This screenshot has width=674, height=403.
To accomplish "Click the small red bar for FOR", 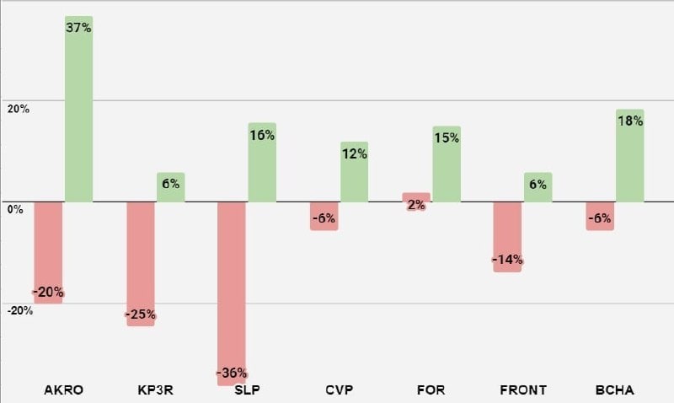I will pyautogui.click(x=415, y=200).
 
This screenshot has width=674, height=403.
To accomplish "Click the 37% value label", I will pyautogui.click(x=78, y=28).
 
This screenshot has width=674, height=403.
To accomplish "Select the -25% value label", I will pyautogui.click(x=141, y=315).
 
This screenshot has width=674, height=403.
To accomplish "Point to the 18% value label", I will pyautogui.click(x=629, y=121).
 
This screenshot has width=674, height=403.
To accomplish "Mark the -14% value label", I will pyautogui.click(x=508, y=260).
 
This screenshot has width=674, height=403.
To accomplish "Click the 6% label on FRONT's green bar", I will pyautogui.click(x=538, y=184).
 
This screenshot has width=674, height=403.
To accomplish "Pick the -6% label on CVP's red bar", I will pyautogui.click(x=324, y=218).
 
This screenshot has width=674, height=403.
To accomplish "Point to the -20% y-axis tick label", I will pyautogui.click(x=19, y=310).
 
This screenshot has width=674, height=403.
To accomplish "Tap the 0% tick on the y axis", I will pyautogui.click(x=14, y=209).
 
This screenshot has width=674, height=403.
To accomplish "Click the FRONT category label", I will pyautogui.click(x=523, y=390).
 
